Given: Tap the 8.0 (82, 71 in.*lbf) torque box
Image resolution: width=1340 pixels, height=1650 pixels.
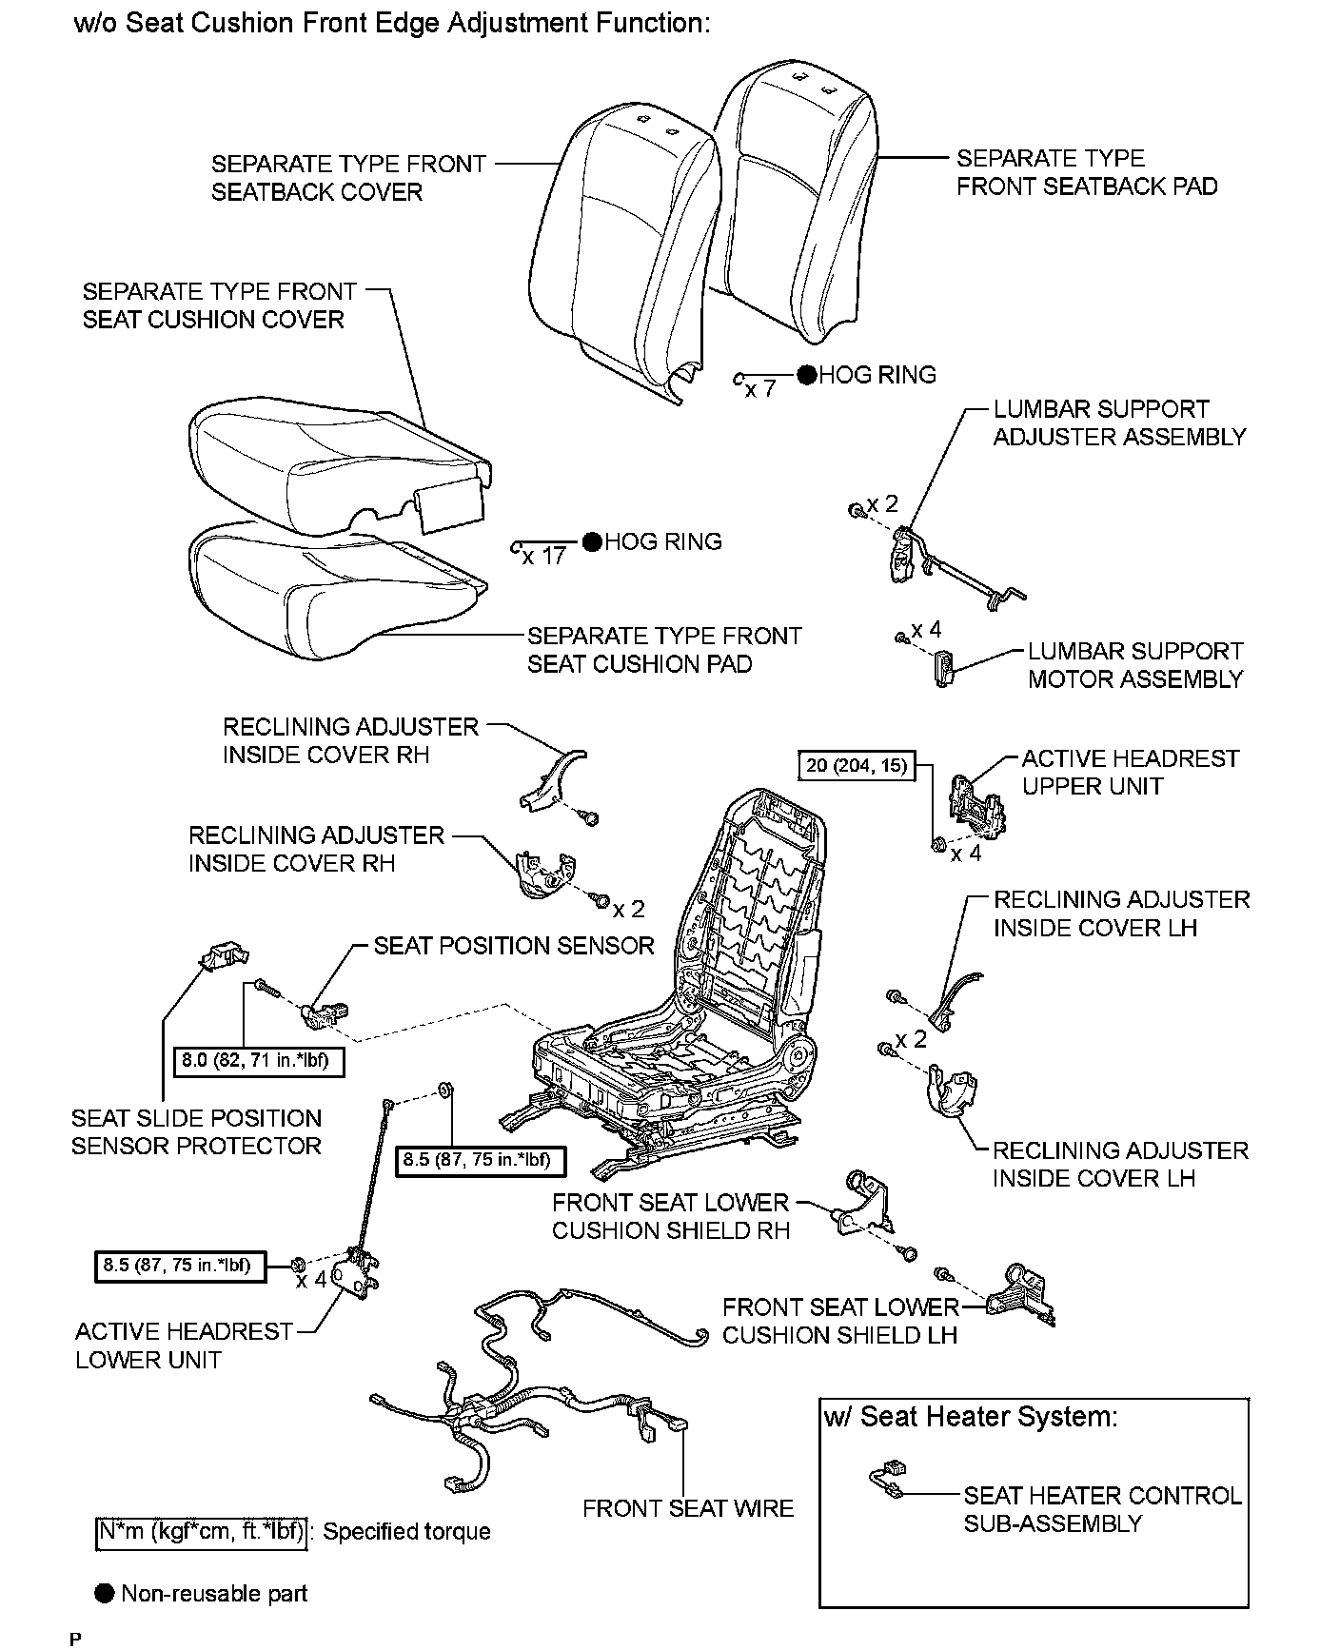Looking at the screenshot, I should tap(258, 1060).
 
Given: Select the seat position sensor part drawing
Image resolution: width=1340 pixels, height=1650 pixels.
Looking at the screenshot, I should tap(324, 1014).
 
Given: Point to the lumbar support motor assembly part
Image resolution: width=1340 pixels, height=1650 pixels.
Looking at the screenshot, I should tap(943, 667).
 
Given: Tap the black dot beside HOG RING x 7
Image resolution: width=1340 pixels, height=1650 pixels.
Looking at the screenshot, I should tap(807, 376).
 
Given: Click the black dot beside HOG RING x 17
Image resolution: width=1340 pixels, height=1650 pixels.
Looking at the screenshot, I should tap(592, 542).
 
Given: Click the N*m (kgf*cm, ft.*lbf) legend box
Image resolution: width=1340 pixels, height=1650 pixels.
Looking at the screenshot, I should tap(202, 1531).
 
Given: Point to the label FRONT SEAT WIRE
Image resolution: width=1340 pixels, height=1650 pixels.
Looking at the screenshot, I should tap(687, 1509).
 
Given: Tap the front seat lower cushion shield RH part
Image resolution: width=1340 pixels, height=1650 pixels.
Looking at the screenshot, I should tap(864, 1206).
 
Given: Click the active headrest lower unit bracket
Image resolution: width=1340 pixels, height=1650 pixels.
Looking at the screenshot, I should tap(365, 1273).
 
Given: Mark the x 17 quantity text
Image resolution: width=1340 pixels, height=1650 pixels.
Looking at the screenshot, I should tap(544, 557).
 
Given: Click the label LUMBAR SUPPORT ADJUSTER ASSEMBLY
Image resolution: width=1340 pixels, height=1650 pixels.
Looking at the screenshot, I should tap(1118, 423).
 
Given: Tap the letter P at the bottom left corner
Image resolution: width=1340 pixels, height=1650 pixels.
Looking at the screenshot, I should tap(76, 1639).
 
